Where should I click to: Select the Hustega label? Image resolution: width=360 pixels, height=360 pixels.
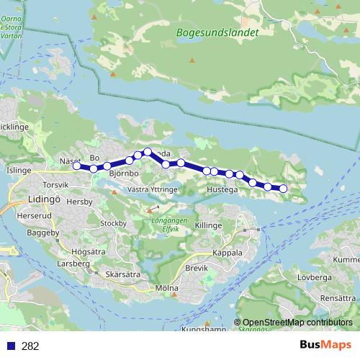pos(221,191)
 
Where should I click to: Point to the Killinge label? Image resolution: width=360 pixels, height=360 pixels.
pos(209,225)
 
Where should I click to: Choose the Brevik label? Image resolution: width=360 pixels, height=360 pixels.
pos(197,268)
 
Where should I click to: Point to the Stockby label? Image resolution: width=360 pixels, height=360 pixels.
pos(114,224)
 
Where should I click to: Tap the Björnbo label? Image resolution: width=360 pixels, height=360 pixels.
pos(123,174)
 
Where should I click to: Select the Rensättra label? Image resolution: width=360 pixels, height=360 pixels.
pos(338,297)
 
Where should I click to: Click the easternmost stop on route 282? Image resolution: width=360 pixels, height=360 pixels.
pos(283,189)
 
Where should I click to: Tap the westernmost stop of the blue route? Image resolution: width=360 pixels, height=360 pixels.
pos(76,166)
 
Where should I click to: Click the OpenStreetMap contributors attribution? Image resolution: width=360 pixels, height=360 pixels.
pos(297,322)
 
